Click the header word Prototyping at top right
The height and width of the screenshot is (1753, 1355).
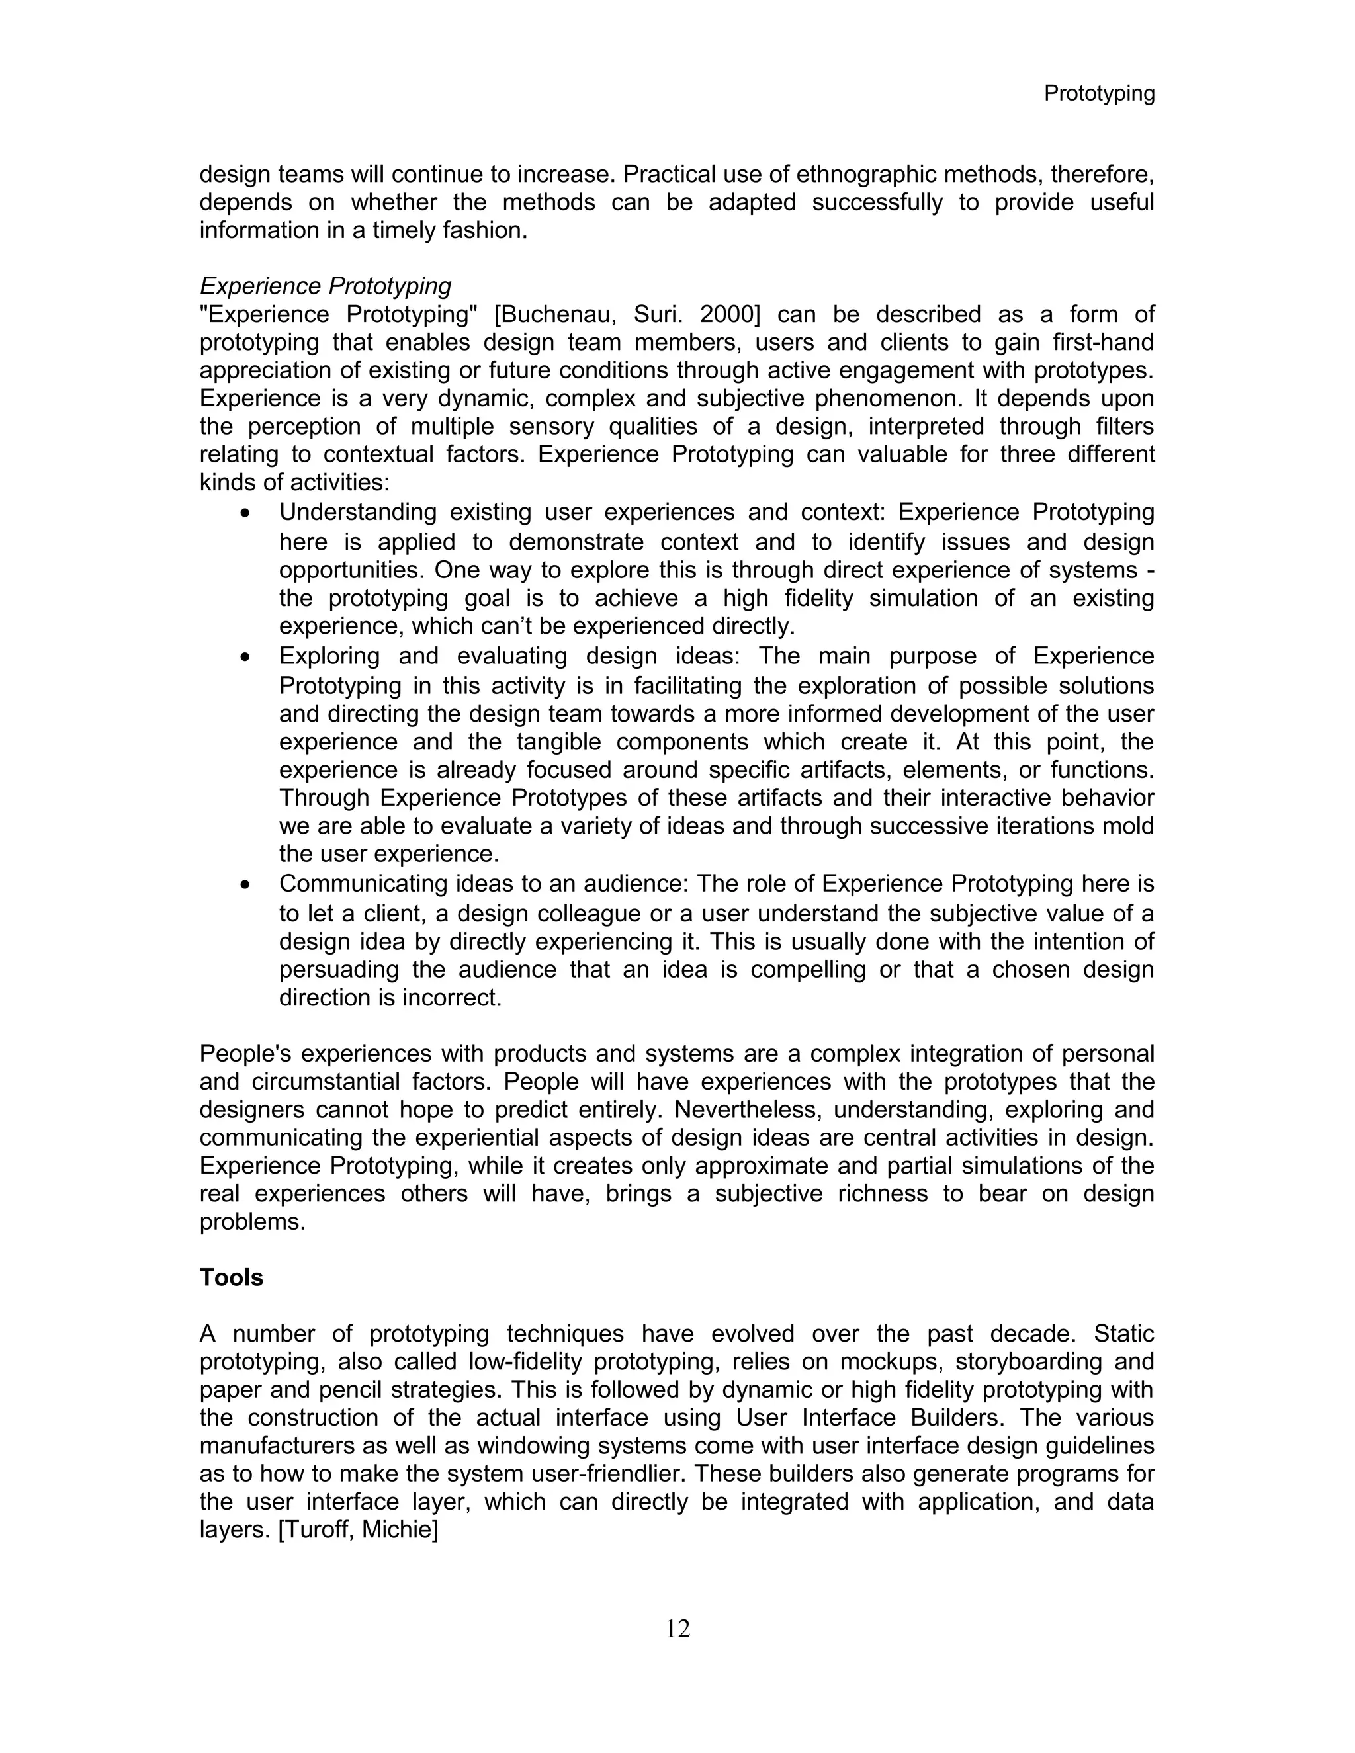pos(1098,94)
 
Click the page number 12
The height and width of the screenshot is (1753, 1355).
pos(677,1629)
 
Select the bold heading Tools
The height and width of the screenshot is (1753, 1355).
pos(231,1277)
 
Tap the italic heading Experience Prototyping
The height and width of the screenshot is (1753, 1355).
pos(325,286)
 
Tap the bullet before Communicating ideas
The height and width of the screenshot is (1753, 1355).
pos(245,885)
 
